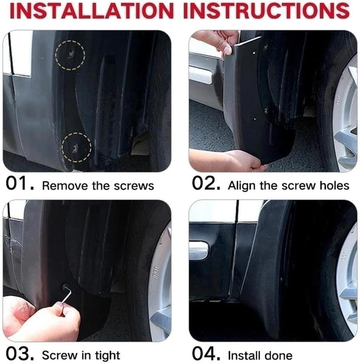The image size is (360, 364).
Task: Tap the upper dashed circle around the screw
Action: pos(70,54)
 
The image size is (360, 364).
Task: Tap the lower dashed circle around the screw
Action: pos(76,146)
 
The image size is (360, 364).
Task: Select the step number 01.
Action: pos(20,185)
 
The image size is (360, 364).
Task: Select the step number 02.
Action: pos(205,185)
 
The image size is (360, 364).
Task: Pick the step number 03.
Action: pos(20,355)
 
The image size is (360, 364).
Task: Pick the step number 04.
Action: pos(205,355)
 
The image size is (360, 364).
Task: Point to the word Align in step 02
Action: pos(241,186)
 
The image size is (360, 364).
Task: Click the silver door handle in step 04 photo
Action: pos(198,250)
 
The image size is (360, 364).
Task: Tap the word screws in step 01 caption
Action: pos(138,186)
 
